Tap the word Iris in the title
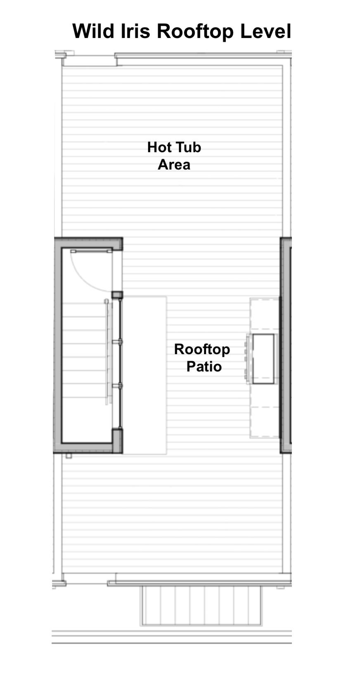[135, 31]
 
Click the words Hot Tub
[174, 147]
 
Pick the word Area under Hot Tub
[174, 165]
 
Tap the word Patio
[204, 366]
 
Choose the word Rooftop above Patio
[202, 350]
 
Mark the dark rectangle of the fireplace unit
[263, 359]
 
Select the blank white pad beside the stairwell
[145, 375]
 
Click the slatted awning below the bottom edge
[201, 605]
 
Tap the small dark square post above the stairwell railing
[117, 295]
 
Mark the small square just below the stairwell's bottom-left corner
[69, 456]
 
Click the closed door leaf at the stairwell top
[91, 251]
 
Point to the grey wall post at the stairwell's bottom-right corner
[117, 441]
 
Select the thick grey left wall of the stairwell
[58, 345]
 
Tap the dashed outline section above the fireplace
[265, 313]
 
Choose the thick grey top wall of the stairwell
[88, 242]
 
